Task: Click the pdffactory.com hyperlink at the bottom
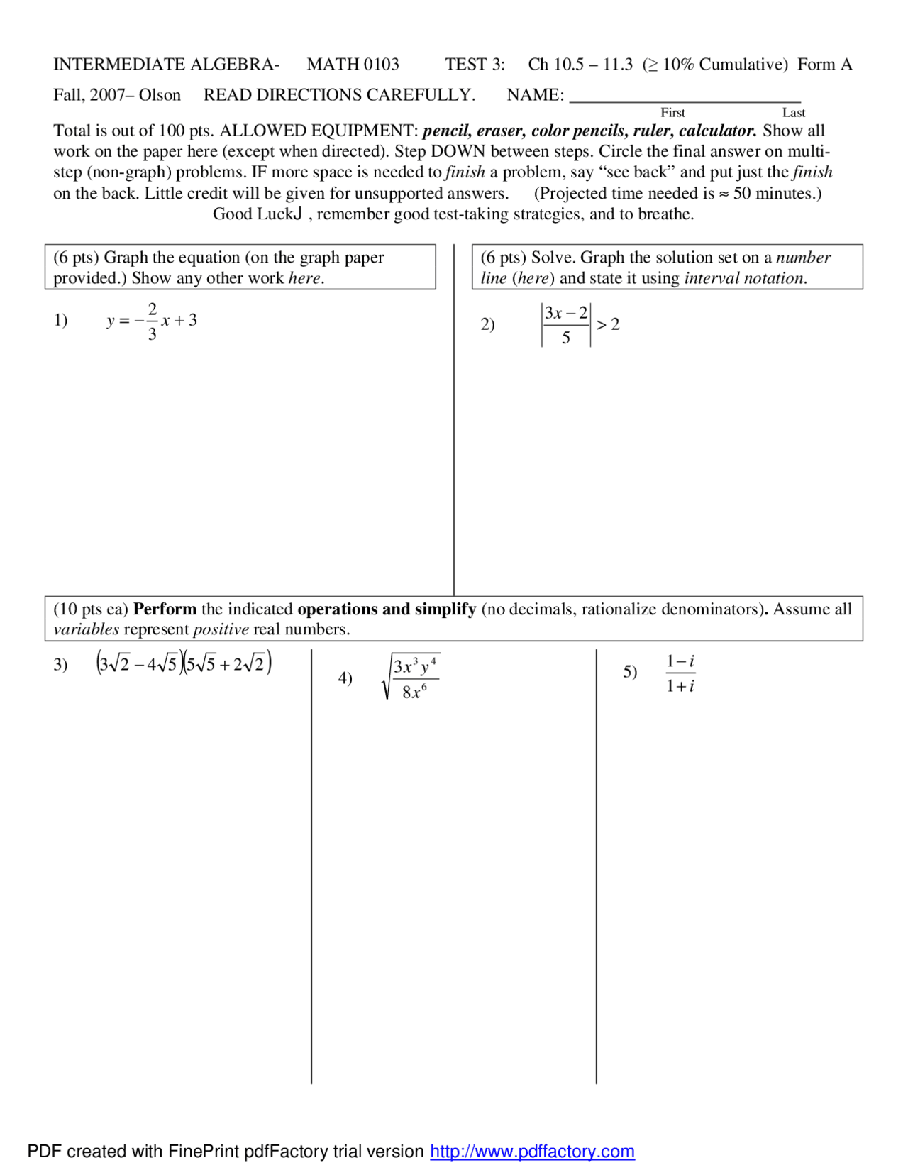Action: coord(532,1151)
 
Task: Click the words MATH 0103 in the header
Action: coord(353,65)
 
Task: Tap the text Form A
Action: coord(824,65)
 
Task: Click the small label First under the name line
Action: coord(672,113)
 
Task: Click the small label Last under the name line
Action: coord(793,113)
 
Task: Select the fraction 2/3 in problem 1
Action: coord(152,321)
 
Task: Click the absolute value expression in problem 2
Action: coord(565,325)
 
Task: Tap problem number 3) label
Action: coord(61,665)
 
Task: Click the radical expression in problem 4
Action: coord(411,677)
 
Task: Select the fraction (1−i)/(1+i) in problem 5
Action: coord(680,673)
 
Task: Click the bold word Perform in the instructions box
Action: coord(165,609)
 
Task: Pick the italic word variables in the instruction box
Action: coord(86,629)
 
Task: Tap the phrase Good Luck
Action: coord(257,214)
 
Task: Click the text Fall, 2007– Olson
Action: coord(117,95)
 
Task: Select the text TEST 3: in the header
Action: coord(475,65)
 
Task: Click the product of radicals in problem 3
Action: coord(184,663)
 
